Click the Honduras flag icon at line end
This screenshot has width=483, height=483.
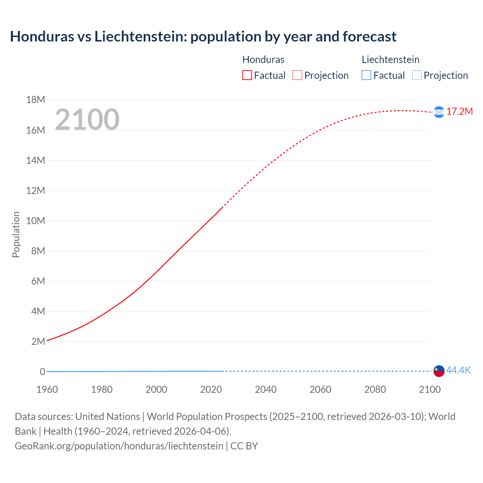[439, 112]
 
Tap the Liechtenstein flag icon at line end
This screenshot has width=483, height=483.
[439, 371]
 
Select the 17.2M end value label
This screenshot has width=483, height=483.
[460, 112]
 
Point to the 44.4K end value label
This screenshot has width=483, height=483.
[458, 371]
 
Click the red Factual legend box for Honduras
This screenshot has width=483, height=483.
[247, 75]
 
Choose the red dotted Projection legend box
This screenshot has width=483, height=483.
[297, 75]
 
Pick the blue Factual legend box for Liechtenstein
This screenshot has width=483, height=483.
[366, 75]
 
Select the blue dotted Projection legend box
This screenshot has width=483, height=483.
[417, 75]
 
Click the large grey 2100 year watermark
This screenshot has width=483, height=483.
[87, 120]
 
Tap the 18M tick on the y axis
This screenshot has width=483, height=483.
[35, 100]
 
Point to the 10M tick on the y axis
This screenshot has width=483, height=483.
[35, 221]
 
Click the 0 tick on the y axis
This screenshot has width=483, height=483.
[42, 372]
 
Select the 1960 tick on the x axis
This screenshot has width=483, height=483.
[47, 389]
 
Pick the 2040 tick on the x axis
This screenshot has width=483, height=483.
[266, 389]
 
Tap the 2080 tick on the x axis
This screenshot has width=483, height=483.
[375, 389]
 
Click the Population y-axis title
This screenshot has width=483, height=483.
[16, 234]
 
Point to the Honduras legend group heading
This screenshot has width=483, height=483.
[263, 60]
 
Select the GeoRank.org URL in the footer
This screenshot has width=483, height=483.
[119, 446]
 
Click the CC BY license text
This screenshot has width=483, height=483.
[244, 446]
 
